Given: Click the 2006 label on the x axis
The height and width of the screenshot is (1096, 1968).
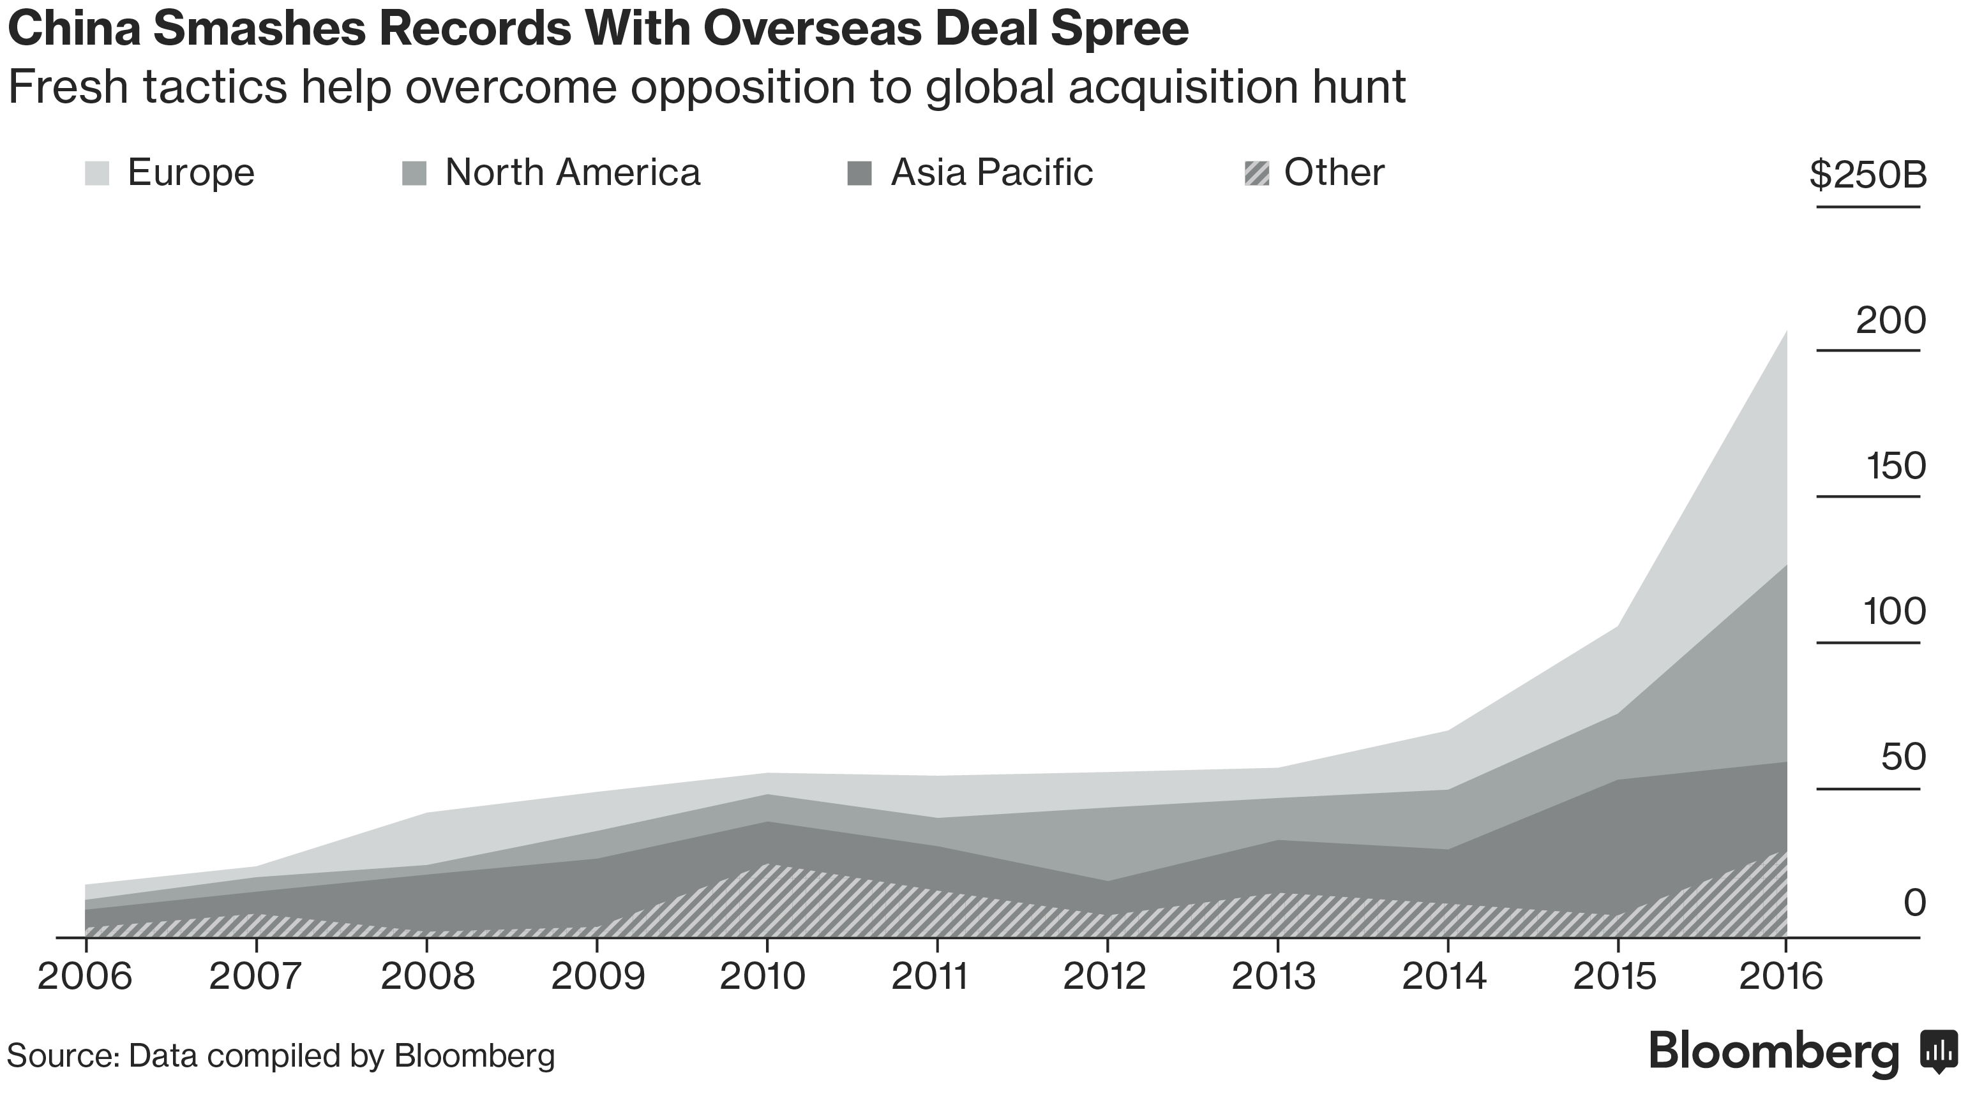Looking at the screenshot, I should click(85, 977).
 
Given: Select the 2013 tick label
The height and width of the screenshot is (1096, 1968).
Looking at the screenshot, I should click(1274, 977).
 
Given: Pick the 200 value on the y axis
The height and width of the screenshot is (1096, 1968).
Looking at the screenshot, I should click(1891, 321).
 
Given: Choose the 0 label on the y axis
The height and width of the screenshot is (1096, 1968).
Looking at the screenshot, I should click(1914, 903).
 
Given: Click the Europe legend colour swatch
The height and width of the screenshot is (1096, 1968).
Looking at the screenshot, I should click(97, 174).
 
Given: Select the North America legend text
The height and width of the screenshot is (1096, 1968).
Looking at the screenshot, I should click(572, 173).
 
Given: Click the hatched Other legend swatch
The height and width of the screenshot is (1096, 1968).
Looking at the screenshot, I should click(1257, 174).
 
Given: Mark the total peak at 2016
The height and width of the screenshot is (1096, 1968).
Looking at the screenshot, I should click(1786, 332).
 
